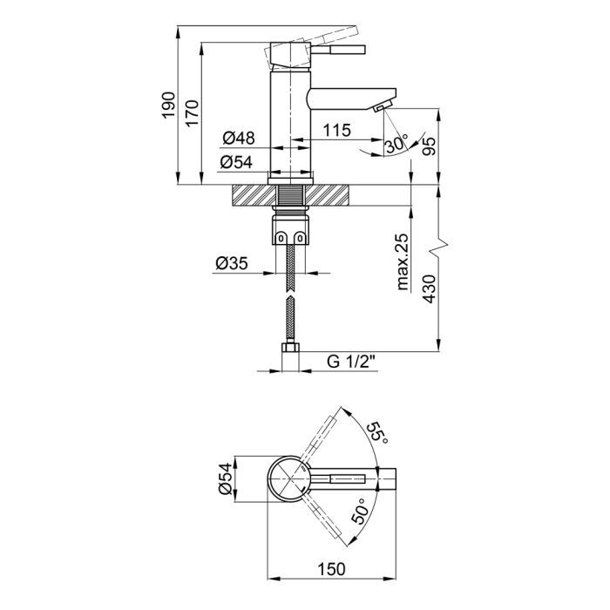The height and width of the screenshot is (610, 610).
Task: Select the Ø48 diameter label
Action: [x=237, y=138]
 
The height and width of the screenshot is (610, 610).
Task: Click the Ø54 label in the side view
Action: [x=236, y=162]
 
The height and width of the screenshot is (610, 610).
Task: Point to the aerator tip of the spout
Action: [x=380, y=107]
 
